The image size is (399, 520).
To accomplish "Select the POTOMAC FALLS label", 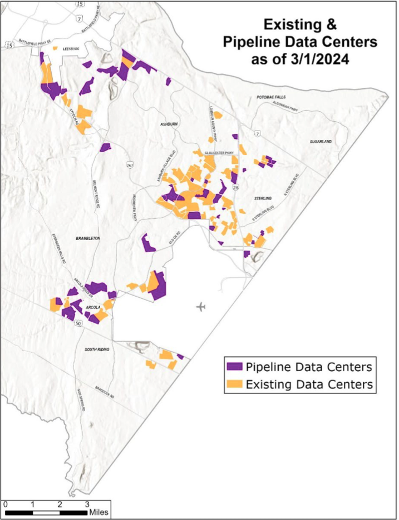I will pyautogui.click(x=270, y=97).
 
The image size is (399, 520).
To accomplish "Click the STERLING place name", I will pyautogui.click(x=262, y=198).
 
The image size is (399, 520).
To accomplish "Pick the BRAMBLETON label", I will pyautogui.click(x=87, y=238).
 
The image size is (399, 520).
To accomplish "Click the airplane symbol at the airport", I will pyautogui.click(x=201, y=307).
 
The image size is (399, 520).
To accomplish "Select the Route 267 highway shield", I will pyautogui.click(x=129, y=165).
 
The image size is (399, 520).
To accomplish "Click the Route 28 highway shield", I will pyautogui.click(x=235, y=189).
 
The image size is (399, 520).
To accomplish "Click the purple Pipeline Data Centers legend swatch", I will pyautogui.click(x=234, y=367).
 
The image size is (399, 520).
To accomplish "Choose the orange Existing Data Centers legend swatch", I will pyautogui.click(x=234, y=384).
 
